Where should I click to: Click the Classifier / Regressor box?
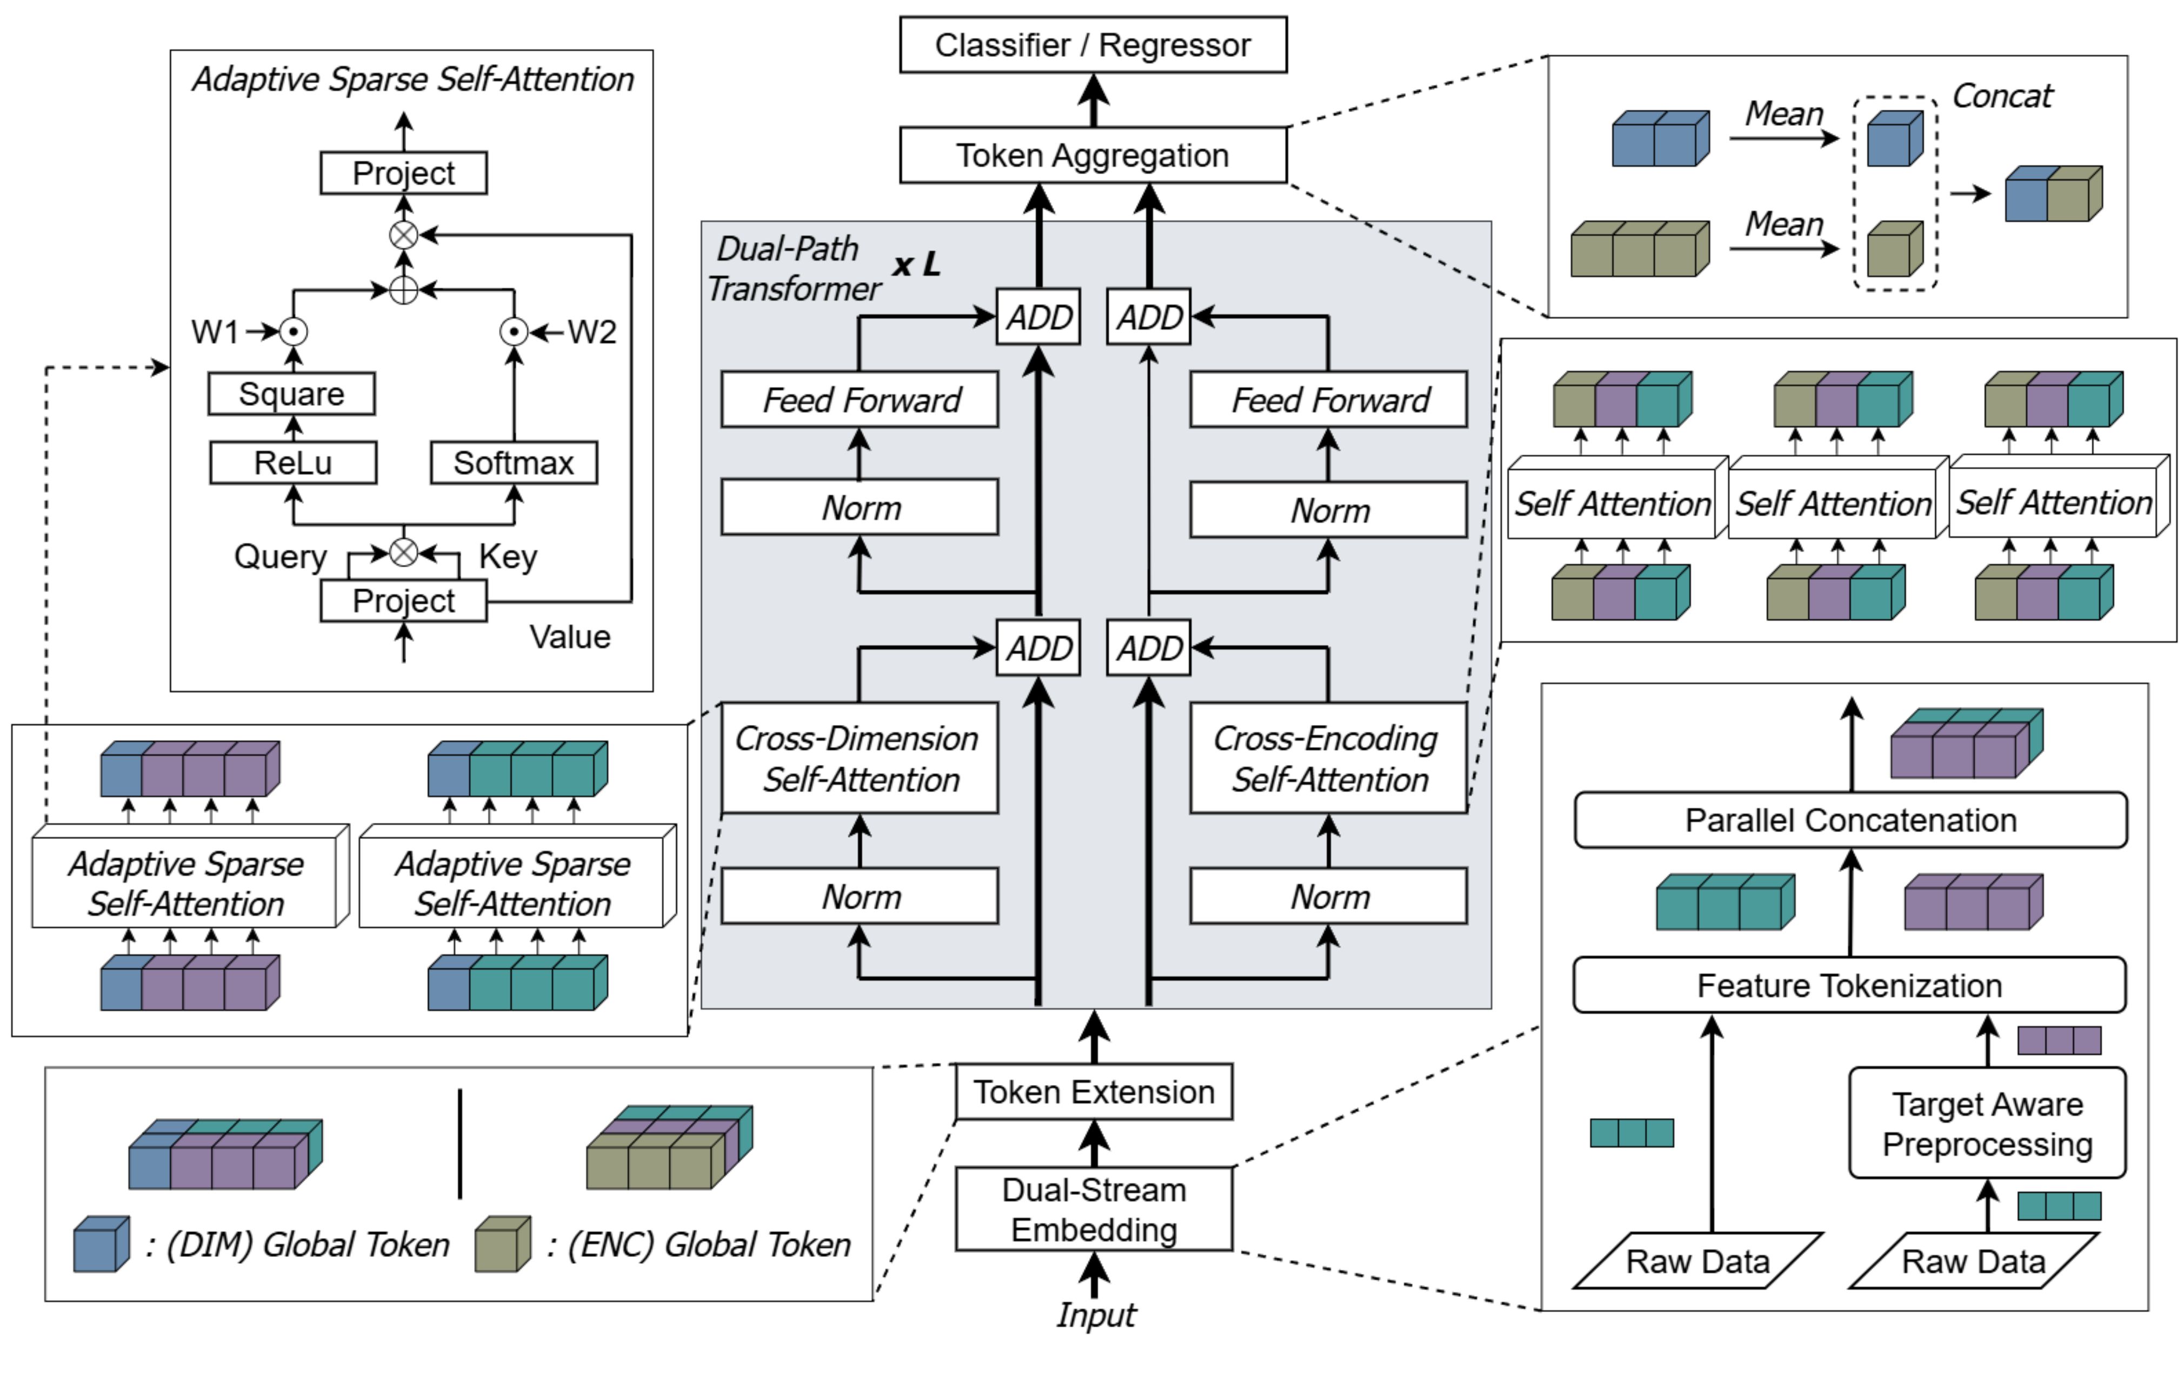tap(1093, 44)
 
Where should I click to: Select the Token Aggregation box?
tap(1093, 155)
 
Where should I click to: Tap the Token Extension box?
tap(1094, 1092)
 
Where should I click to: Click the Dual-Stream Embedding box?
tap(1094, 1210)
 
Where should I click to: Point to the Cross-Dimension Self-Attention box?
tap(859, 758)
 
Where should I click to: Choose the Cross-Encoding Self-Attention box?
tap(1328, 758)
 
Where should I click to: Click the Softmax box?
tap(514, 463)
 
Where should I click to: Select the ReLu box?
tap(293, 463)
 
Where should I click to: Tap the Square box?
tap(291, 394)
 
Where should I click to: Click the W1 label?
tap(215, 332)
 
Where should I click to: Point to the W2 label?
tap(592, 332)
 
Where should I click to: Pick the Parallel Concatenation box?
tap(1850, 820)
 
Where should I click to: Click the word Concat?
tap(2002, 95)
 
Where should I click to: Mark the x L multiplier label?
tap(916, 265)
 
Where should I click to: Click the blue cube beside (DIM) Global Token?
tap(100, 1245)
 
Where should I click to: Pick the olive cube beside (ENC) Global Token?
tap(502, 1245)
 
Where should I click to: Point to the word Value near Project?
tap(570, 637)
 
